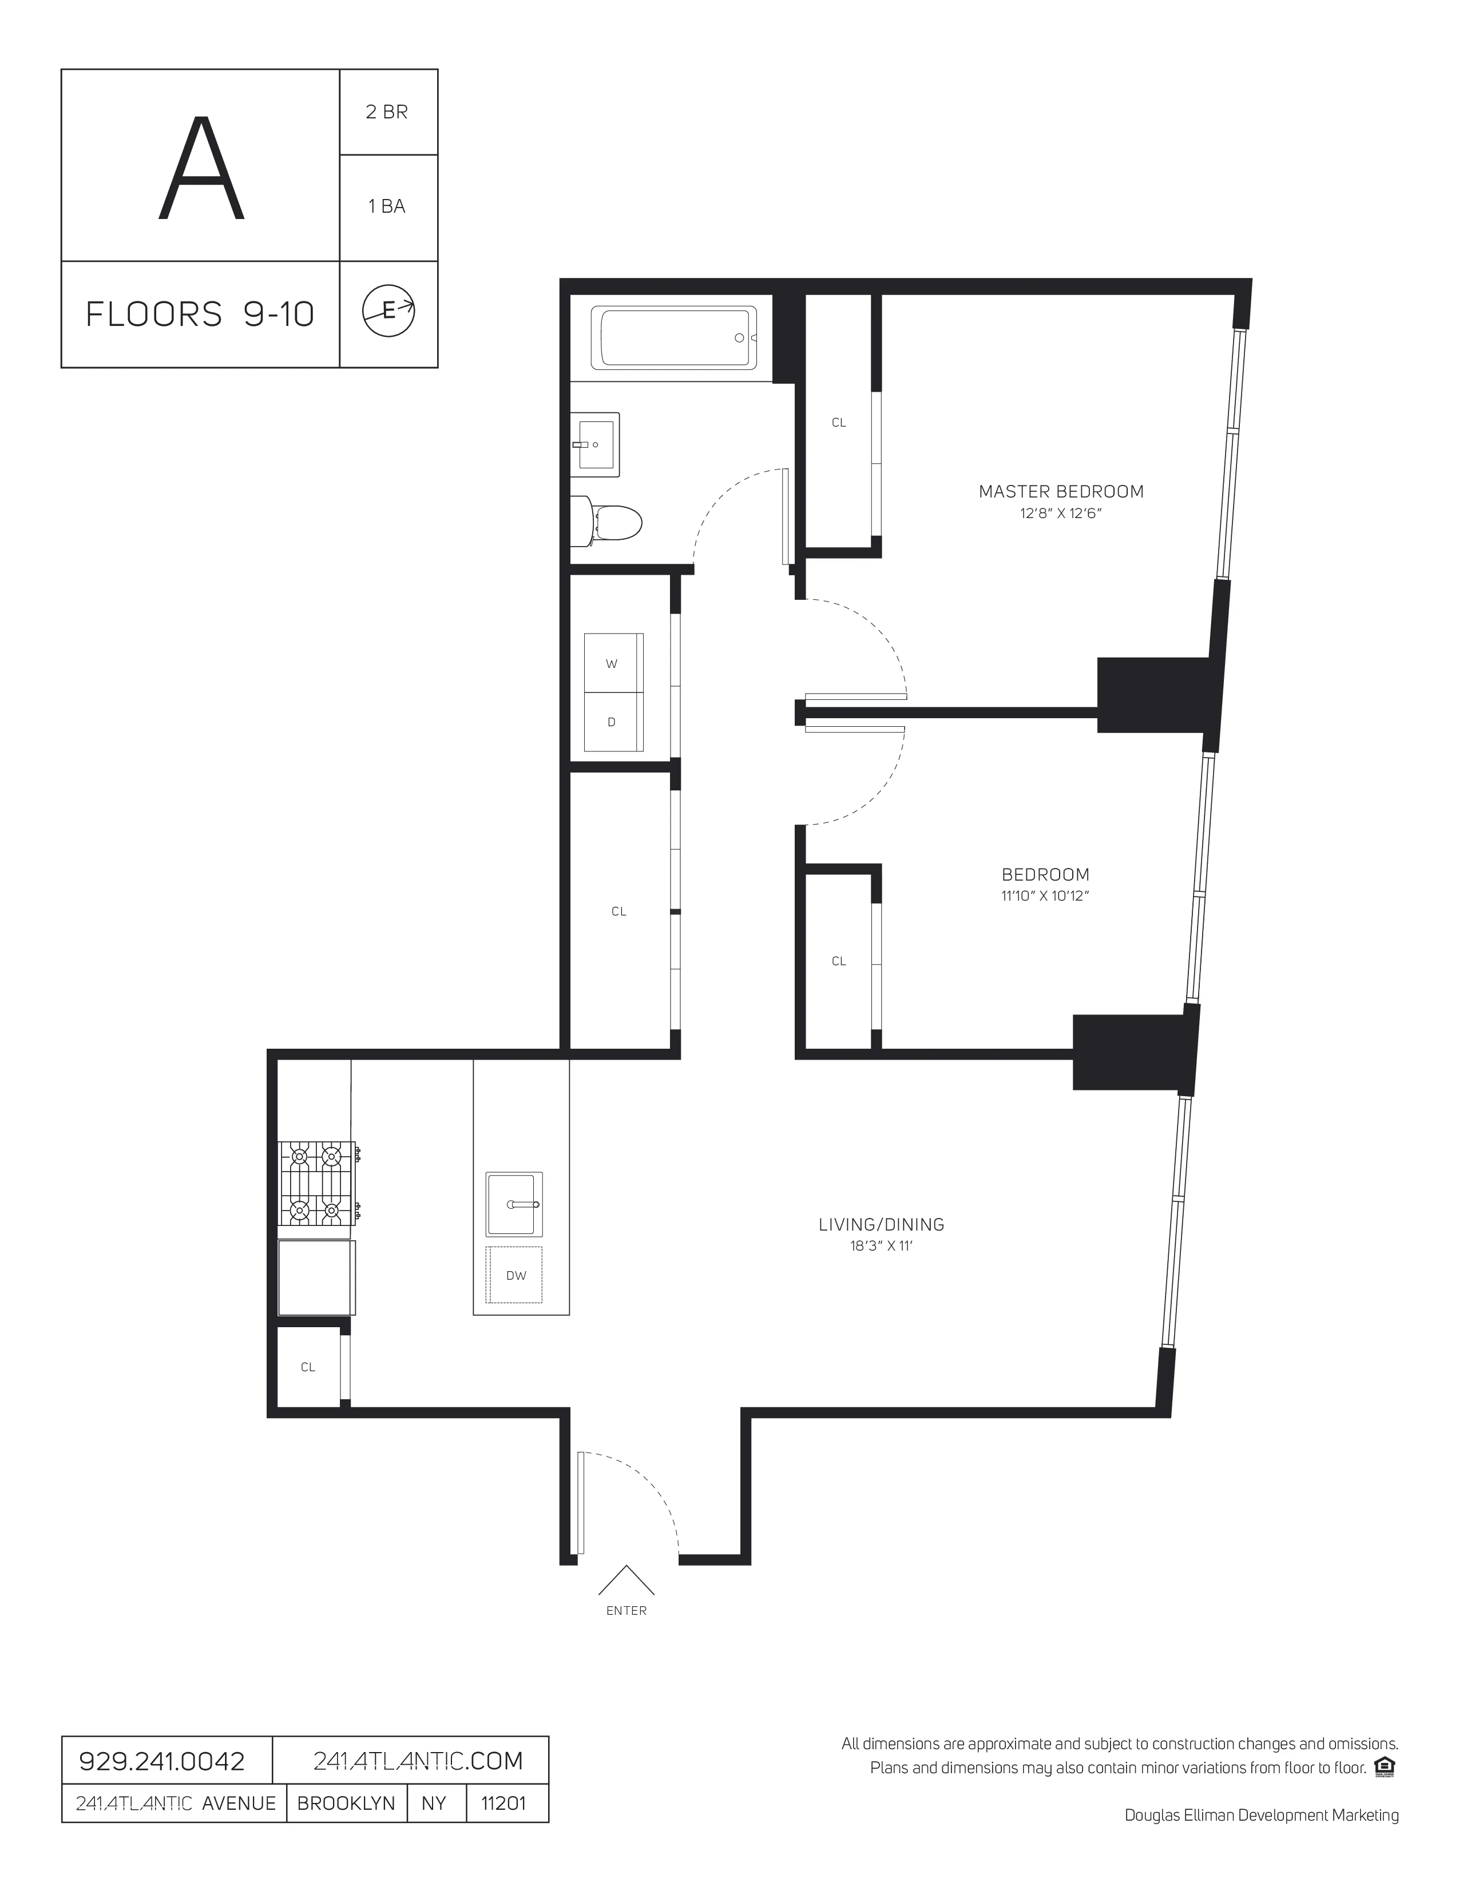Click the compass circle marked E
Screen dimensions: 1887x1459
point(388,311)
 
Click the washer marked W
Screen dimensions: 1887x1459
point(613,663)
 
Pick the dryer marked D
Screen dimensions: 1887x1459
point(613,722)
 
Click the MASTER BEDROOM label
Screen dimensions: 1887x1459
point(1061,492)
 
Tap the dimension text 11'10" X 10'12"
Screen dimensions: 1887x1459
point(1044,896)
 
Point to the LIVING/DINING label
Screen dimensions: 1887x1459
point(881,1224)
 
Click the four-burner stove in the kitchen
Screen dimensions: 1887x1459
point(317,1183)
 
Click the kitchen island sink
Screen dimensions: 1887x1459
point(514,1204)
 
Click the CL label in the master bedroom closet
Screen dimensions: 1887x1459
point(838,423)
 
